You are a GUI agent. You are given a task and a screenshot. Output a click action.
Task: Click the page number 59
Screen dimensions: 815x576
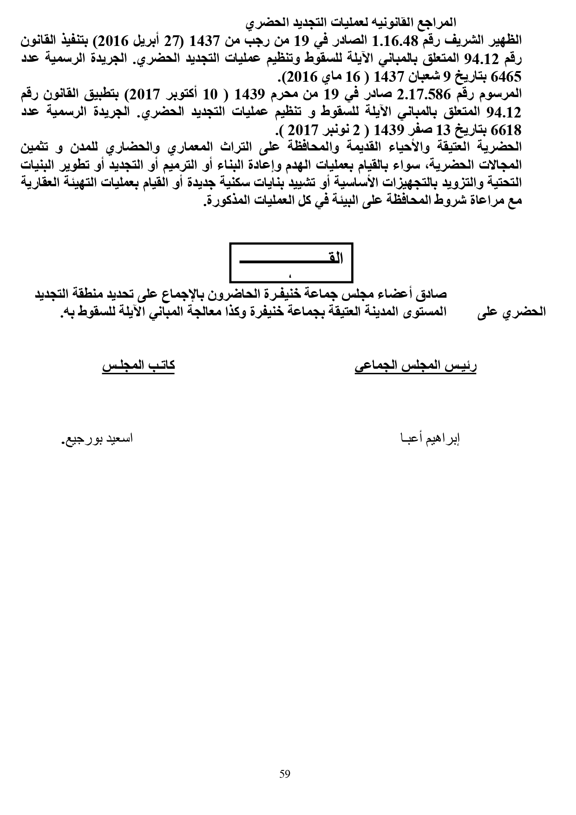tap(285, 774)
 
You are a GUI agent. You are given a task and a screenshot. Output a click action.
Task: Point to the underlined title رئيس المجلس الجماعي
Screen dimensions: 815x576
tap(416, 365)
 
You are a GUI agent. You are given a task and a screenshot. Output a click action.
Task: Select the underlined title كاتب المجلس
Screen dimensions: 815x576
tap(138, 365)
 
